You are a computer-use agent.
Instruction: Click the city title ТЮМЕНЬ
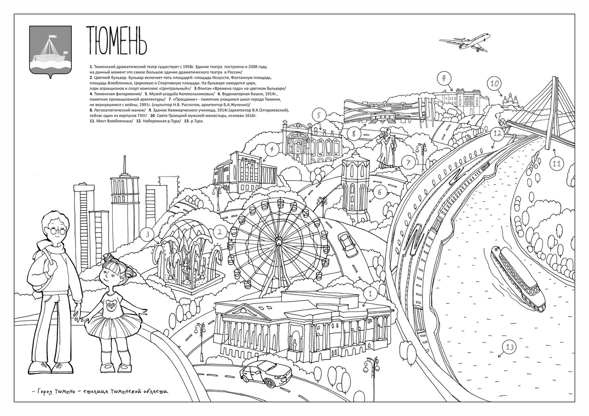tap(116, 40)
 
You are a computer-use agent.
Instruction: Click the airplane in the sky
tap(465, 42)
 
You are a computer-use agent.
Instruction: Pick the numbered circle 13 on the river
tap(509, 347)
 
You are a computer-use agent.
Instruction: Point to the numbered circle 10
tap(494, 84)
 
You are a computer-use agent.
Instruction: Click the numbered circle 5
tap(319, 115)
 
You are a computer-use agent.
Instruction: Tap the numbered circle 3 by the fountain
tap(147, 234)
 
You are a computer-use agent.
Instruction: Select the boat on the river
tap(518, 279)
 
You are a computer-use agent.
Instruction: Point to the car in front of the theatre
tap(266, 373)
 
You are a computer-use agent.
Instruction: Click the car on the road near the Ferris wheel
tap(348, 245)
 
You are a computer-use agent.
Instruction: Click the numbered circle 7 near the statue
tap(408, 162)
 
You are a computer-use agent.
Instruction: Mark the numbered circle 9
tap(444, 79)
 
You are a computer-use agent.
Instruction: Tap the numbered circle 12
tap(496, 134)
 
